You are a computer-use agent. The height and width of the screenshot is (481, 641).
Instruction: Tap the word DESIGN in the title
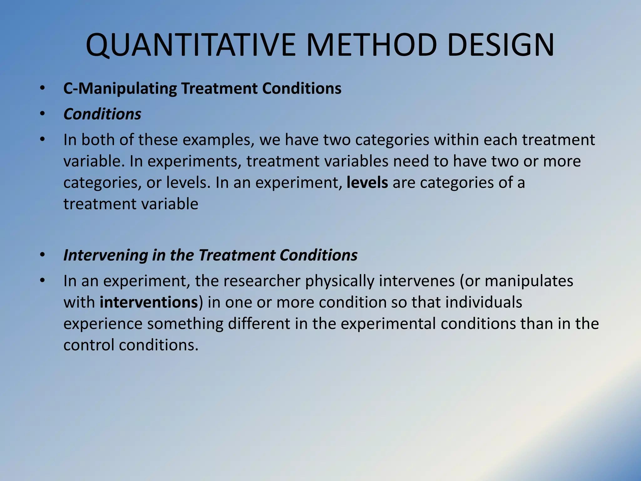501,45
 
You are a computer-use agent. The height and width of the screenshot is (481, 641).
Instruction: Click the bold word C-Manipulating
120,89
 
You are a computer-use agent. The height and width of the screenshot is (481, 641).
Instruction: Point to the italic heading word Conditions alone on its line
102,114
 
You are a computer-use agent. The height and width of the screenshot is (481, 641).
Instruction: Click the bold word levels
367,183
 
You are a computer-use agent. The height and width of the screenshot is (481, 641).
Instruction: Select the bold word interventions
149,303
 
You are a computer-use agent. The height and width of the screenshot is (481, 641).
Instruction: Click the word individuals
484,303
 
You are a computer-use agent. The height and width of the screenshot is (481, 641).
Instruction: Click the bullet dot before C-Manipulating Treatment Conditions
43,89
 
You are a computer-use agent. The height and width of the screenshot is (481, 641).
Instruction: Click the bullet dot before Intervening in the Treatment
43,255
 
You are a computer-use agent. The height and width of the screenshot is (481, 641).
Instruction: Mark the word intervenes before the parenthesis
417,281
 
